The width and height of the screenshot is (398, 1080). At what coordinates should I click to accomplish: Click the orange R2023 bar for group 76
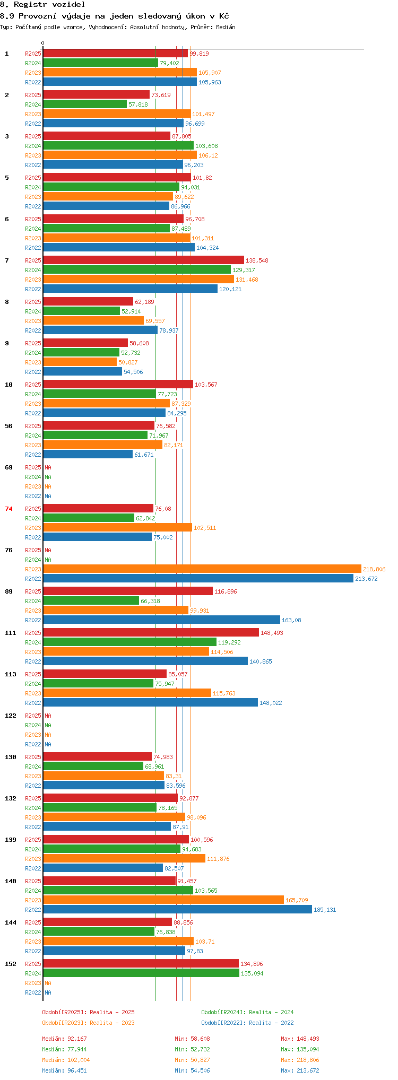(x=202, y=569)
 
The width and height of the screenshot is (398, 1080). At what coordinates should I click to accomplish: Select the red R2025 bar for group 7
(x=143, y=260)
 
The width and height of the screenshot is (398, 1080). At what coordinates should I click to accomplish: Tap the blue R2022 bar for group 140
(x=177, y=910)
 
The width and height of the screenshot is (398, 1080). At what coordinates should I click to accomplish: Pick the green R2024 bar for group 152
(x=141, y=973)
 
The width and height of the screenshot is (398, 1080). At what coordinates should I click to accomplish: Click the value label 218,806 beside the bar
(x=374, y=569)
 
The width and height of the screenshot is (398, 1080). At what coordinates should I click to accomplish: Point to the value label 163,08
(x=291, y=620)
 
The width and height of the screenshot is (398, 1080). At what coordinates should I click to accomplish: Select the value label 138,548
(x=257, y=260)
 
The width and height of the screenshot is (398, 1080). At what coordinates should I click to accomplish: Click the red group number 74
(x=9, y=509)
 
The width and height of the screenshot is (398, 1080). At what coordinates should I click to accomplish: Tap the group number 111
(x=11, y=633)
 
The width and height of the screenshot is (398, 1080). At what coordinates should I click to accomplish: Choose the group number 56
(x=9, y=426)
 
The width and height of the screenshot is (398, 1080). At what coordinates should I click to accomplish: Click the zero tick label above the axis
(x=43, y=43)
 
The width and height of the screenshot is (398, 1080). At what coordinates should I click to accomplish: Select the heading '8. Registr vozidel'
(x=42, y=4)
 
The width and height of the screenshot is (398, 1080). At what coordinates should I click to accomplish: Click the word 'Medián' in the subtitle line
(x=226, y=27)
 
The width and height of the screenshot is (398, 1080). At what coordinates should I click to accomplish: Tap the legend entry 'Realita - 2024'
(x=271, y=1012)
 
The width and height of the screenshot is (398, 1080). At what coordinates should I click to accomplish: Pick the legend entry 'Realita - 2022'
(x=271, y=1023)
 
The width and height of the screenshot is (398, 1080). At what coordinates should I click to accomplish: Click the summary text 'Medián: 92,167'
(x=65, y=1039)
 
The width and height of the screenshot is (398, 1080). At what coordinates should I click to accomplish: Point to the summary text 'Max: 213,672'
(x=300, y=1070)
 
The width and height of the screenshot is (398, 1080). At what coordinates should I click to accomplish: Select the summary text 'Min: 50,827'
(x=193, y=1060)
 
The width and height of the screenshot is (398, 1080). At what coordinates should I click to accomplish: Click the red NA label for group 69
(x=48, y=467)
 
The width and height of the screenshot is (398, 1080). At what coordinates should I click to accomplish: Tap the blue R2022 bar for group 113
(x=150, y=703)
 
